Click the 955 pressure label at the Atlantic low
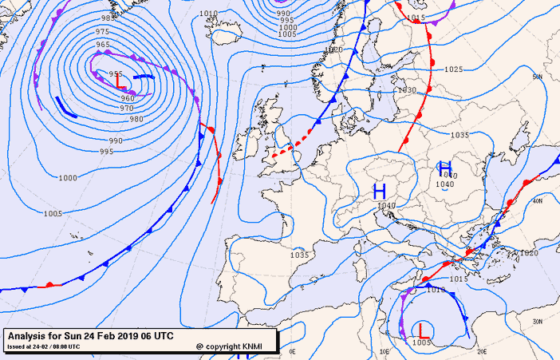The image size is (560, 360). [x=116, y=73]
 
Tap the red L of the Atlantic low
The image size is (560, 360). [x=120, y=81]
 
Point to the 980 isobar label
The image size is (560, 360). [x=136, y=119]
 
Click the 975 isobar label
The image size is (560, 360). [x=102, y=31]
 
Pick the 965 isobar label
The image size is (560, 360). [x=103, y=45]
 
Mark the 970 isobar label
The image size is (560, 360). [x=127, y=108]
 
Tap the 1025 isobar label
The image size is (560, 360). [x=453, y=69]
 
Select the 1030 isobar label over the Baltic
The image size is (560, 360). [x=407, y=90]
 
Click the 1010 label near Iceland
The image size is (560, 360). [x=208, y=14]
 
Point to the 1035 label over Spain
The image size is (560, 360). [x=299, y=255]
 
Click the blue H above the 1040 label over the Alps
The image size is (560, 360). [x=380, y=191]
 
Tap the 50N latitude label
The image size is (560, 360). [x=538, y=77]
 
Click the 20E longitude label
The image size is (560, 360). [x=481, y=350]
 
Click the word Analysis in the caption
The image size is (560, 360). [x=29, y=335]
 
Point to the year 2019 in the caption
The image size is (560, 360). [x=134, y=335]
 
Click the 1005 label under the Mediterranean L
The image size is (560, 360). [x=422, y=342]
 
